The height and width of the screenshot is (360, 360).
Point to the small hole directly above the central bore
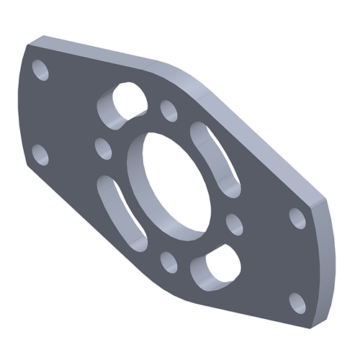tap(169, 111)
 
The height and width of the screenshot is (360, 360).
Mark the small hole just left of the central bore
tap(104, 149)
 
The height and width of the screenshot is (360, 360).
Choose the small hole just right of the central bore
tap(235, 224)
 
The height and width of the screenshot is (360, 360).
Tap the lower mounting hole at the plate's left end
tap(41, 155)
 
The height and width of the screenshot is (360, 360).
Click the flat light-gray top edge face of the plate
tap(94, 48)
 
